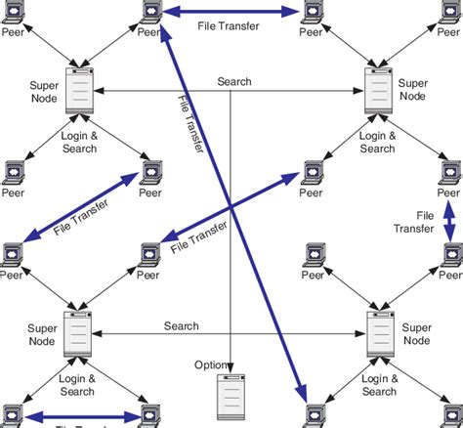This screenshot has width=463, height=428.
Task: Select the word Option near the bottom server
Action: [x=211, y=365]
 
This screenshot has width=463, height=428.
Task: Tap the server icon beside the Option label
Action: [x=230, y=397]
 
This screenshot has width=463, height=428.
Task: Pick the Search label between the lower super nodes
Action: [x=182, y=325]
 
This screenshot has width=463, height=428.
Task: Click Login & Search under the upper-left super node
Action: [x=79, y=142]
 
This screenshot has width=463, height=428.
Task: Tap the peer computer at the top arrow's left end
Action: [x=150, y=13]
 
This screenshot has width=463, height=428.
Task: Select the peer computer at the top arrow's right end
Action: [x=312, y=13]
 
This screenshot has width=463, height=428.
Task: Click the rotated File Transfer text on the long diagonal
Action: [x=192, y=128]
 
